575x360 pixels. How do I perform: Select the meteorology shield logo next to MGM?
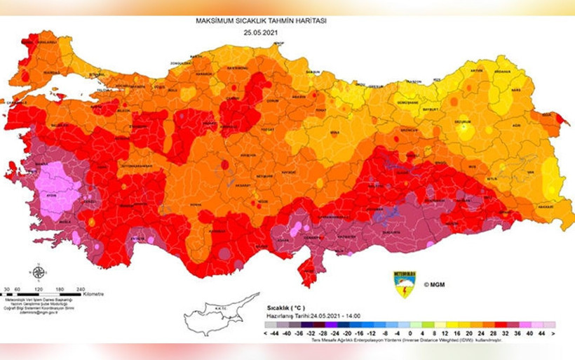405,284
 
